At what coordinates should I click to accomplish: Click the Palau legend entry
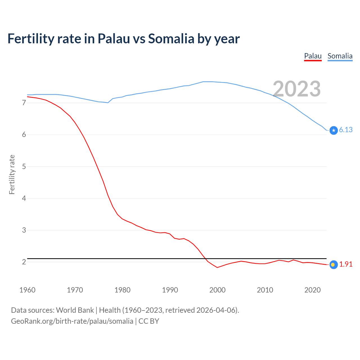[x=313, y=56]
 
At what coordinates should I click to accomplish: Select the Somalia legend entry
[x=340, y=56]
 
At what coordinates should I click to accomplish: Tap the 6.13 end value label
[x=346, y=130]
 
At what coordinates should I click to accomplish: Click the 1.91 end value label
[x=346, y=264]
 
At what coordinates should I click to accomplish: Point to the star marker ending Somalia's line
[x=334, y=130]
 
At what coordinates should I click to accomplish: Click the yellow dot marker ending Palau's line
[x=333, y=265]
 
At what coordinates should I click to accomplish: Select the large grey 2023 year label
[x=297, y=89]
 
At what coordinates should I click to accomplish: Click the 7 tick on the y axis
[x=24, y=103]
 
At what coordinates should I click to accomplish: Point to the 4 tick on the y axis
[x=24, y=198]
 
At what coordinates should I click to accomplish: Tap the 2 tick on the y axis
[x=24, y=262]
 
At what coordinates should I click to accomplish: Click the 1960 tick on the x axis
[x=27, y=290]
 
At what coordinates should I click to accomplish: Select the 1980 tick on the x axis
[x=122, y=290]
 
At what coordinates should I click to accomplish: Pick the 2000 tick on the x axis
[x=217, y=290]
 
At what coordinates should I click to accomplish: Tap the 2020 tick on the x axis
[x=312, y=290]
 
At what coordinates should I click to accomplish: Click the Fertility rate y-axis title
[x=12, y=174]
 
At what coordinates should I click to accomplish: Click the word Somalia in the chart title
[x=171, y=39]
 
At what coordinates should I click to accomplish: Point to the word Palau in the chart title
[x=114, y=39]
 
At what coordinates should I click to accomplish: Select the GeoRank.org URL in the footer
[x=72, y=321]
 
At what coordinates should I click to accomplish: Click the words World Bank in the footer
[x=75, y=310]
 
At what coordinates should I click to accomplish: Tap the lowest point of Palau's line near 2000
[x=217, y=267]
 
